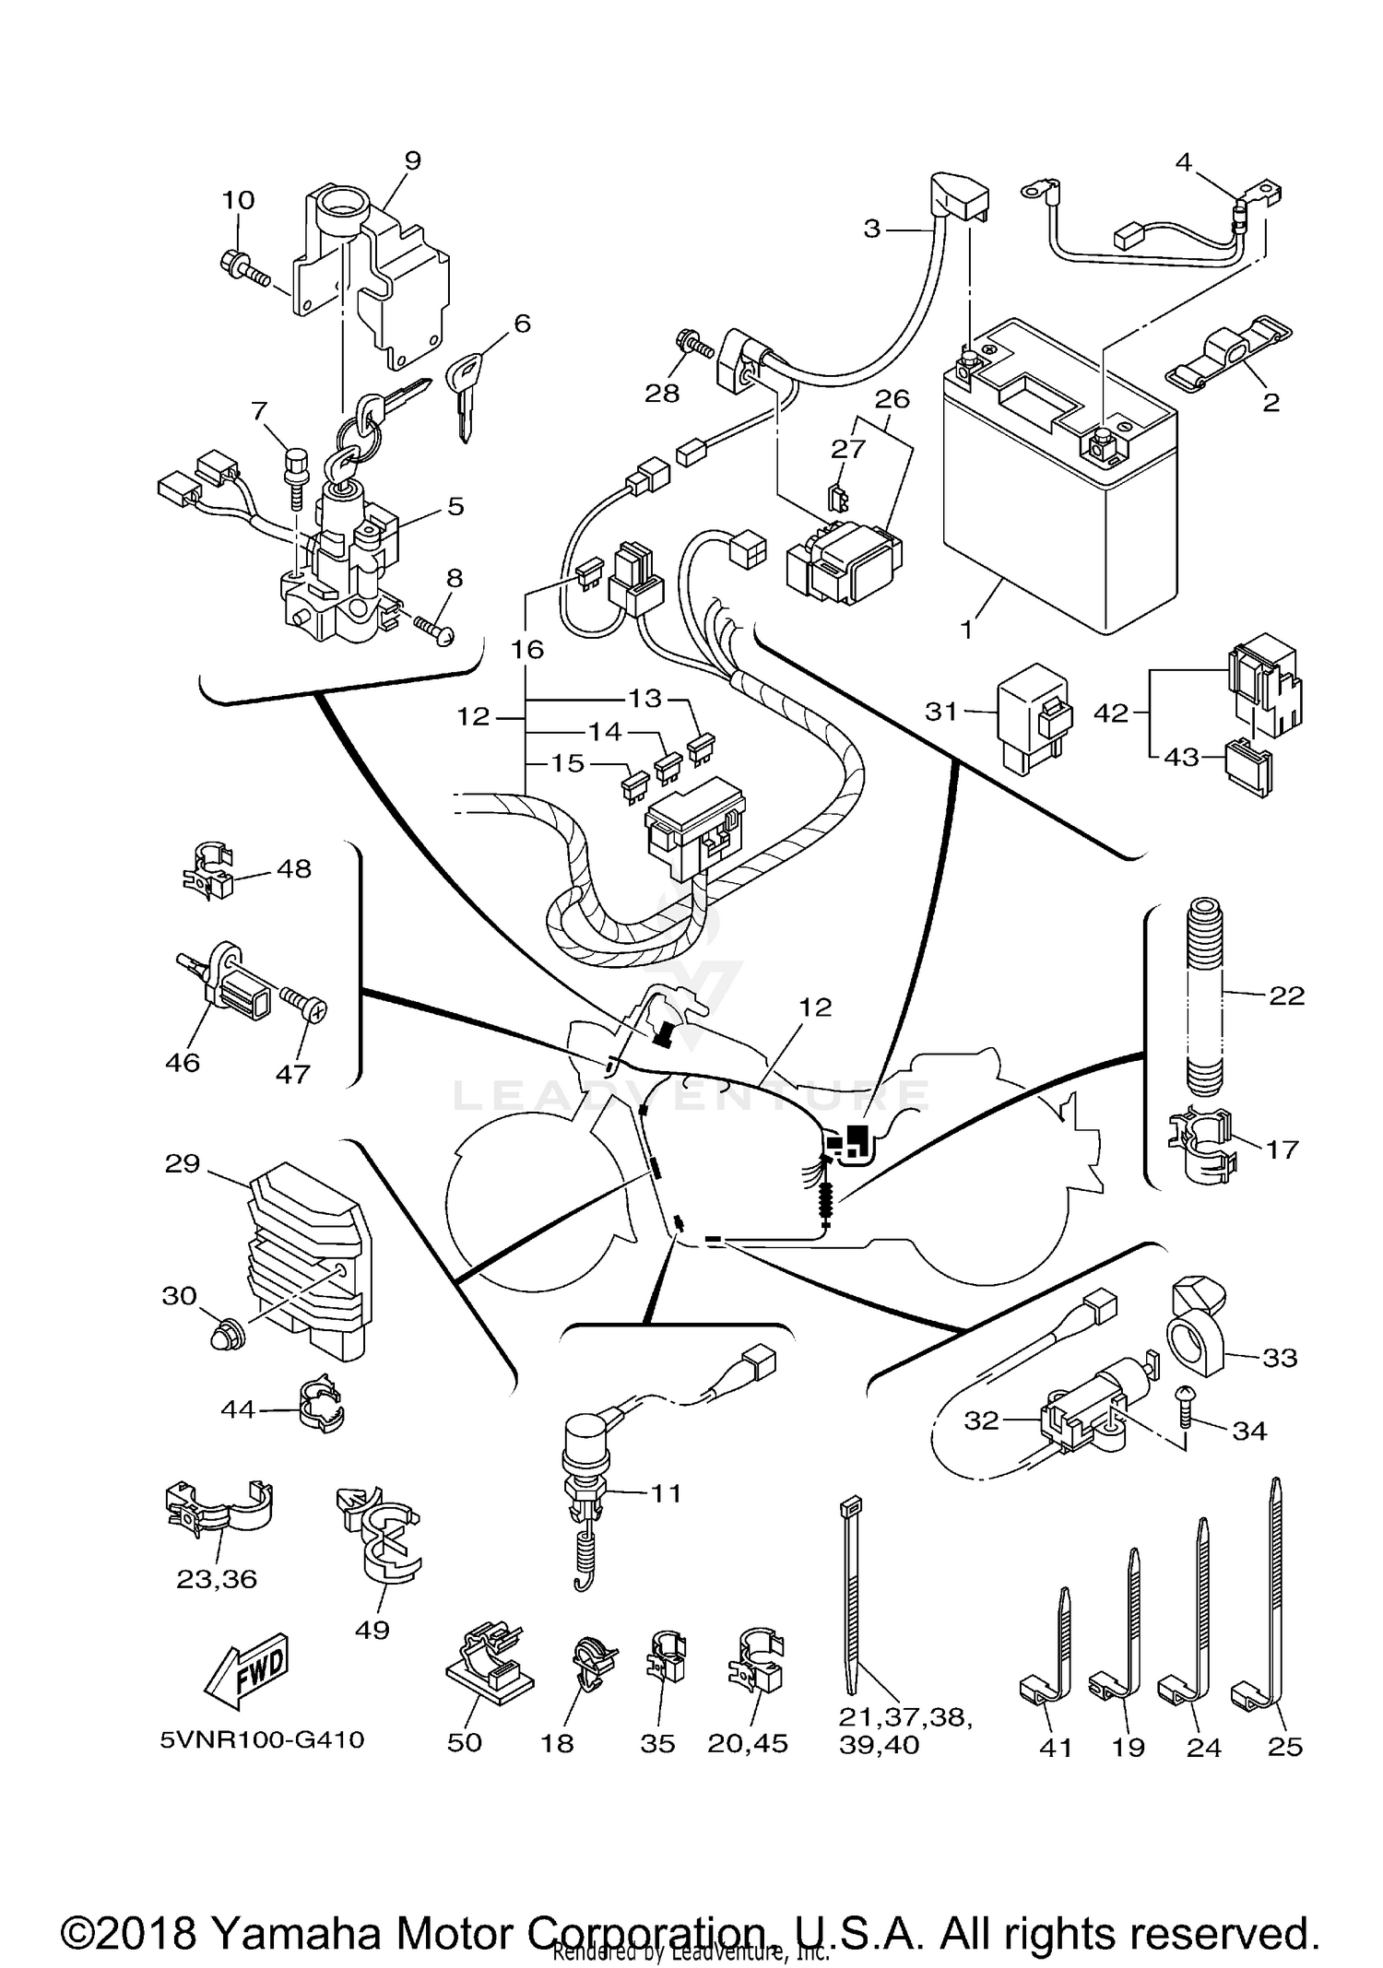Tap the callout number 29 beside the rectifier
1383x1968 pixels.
tap(182, 1163)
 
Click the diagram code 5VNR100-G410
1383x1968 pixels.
tap(262, 1739)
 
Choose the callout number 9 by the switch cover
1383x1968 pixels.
tap(412, 160)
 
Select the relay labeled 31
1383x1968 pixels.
tap(1033, 724)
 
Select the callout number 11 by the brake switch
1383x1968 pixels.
tap(666, 1492)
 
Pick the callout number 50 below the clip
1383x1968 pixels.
tap(465, 1743)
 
